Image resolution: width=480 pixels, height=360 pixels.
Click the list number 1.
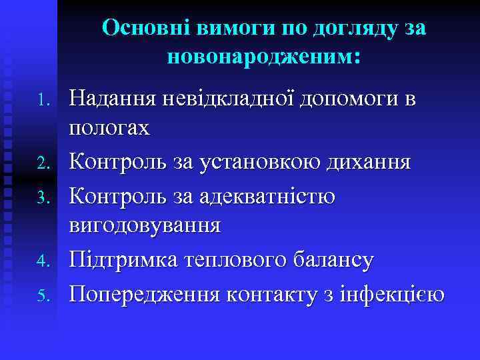tap(44, 101)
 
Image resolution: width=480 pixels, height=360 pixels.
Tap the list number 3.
tap(44, 197)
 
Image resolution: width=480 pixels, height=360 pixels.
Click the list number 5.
tap(44, 293)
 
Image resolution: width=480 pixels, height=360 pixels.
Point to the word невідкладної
tap(230, 100)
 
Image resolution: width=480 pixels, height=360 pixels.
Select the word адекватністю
tap(280, 196)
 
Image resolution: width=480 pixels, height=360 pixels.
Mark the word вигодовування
tap(145, 225)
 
